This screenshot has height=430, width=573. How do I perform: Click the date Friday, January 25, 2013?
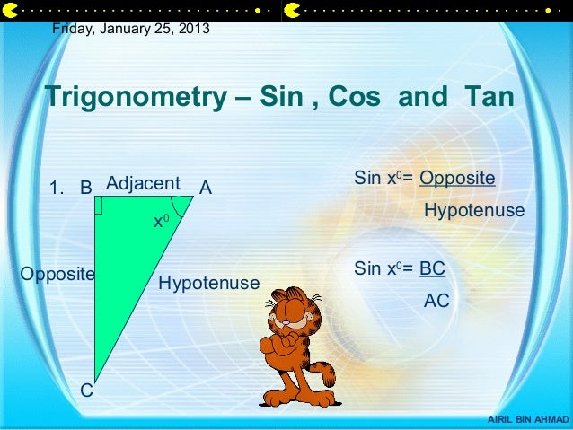131,29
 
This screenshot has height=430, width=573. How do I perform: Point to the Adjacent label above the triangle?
143,183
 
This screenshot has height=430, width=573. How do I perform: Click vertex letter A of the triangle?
206,189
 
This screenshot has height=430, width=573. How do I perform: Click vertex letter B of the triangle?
86,189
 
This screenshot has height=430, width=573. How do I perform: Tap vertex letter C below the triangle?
86,391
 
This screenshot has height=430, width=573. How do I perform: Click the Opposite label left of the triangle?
57,273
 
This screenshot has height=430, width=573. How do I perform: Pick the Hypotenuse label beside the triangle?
208,284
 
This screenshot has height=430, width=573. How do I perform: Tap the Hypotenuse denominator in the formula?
473,211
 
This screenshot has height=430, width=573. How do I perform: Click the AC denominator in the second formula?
436,302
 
